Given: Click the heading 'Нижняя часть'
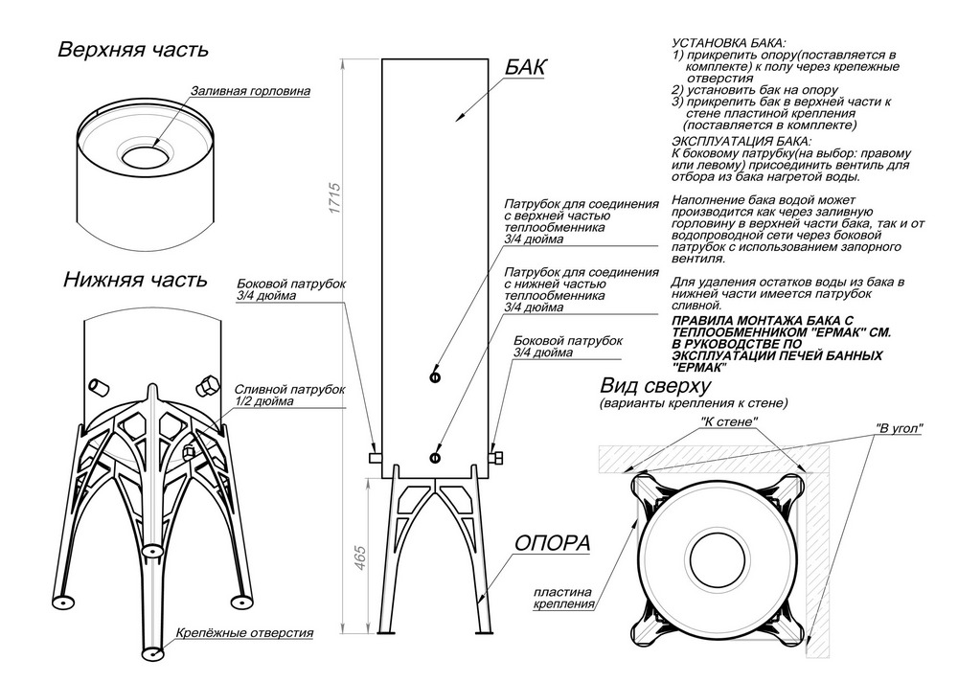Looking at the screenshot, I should tap(134, 280).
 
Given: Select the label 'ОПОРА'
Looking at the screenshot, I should tap(552, 543).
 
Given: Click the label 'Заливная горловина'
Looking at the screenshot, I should tap(250, 92).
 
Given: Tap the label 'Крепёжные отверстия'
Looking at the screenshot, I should tap(245, 634).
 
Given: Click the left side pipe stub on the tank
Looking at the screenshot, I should tap(376, 458).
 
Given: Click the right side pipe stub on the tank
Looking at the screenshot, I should tap(495, 458).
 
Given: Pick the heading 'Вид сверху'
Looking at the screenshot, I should tap(654, 386).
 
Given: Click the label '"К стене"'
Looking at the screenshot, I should tap(730, 421).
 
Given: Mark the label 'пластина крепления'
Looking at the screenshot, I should tap(563, 599).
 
